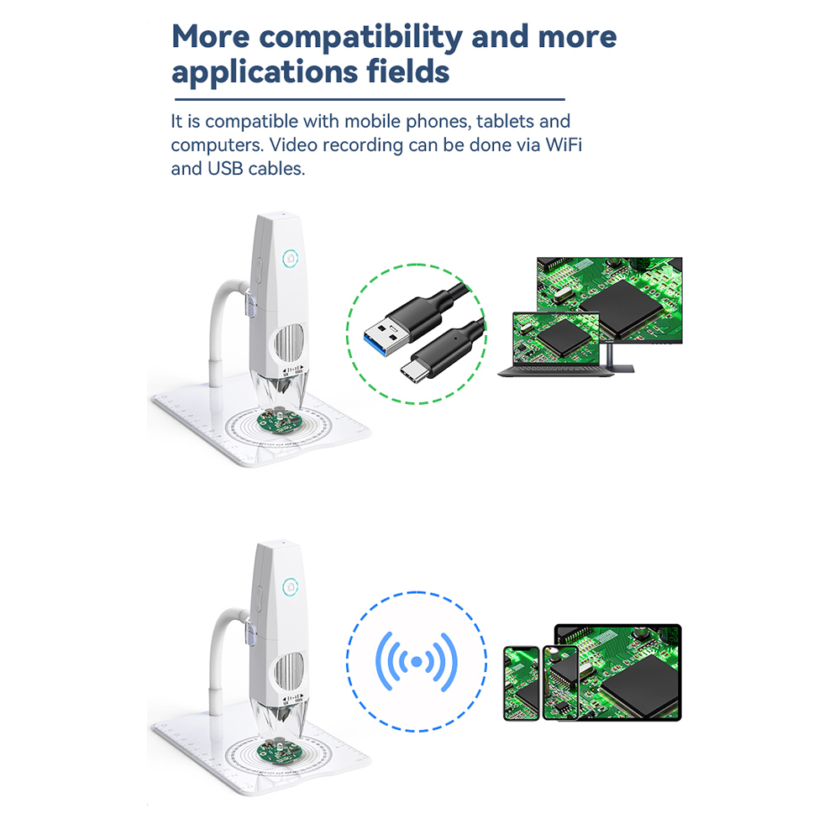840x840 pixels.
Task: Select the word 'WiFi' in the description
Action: pyautogui.click(x=564, y=144)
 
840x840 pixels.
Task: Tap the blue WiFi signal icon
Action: pyautogui.click(x=417, y=663)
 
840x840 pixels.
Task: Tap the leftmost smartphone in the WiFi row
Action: pyautogui.click(x=522, y=682)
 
